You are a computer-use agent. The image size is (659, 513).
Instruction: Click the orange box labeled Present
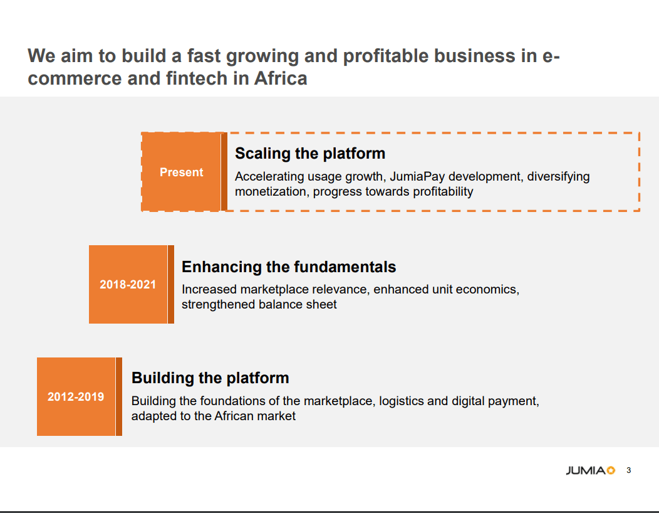pyautogui.click(x=181, y=172)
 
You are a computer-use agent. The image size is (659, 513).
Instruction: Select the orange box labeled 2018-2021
pyautogui.click(x=128, y=285)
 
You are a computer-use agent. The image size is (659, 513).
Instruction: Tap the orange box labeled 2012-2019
pyautogui.click(x=76, y=396)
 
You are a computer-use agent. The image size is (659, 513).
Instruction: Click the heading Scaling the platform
pyautogui.click(x=309, y=154)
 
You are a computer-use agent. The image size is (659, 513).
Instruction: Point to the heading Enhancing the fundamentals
pyautogui.click(x=289, y=267)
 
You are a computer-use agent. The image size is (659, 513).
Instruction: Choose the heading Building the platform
pyautogui.click(x=210, y=378)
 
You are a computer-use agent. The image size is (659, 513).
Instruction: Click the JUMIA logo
pyautogui.click(x=590, y=470)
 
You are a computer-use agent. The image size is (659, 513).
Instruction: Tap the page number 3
pyautogui.click(x=629, y=470)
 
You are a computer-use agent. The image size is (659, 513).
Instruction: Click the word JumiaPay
pyautogui.click(x=417, y=176)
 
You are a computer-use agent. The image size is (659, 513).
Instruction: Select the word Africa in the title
pyautogui.click(x=281, y=78)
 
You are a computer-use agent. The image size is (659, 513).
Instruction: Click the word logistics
pyautogui.click(x=402, y=401)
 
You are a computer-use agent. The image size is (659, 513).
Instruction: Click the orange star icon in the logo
pyautogui.click(x=611, y=470)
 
